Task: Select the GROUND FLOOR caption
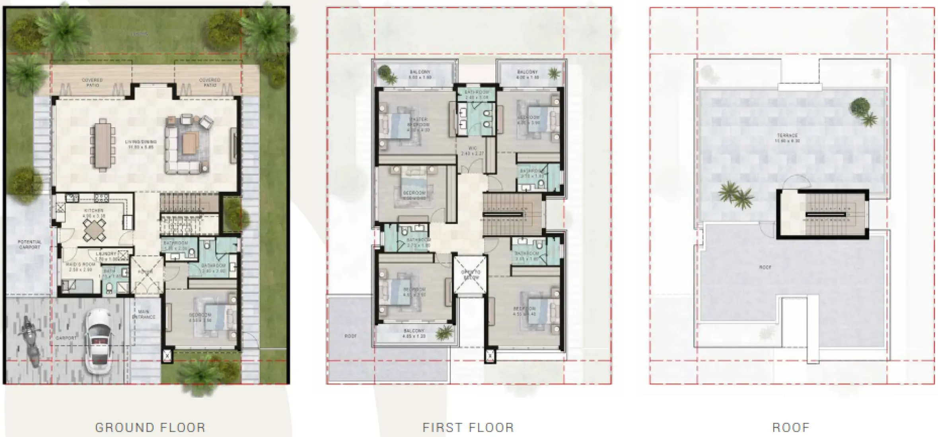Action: coord(150,427)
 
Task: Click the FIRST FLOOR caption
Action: coord(468,427)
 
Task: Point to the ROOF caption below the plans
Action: coord(791,427)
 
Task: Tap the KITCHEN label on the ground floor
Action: coord(94,211)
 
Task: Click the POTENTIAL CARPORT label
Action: coord(30,244)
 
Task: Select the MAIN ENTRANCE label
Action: coord(144,314)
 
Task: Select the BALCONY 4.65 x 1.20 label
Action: coord(414,333)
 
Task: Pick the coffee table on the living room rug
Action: coord(190,143)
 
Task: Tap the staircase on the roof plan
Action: coord(825,215)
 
